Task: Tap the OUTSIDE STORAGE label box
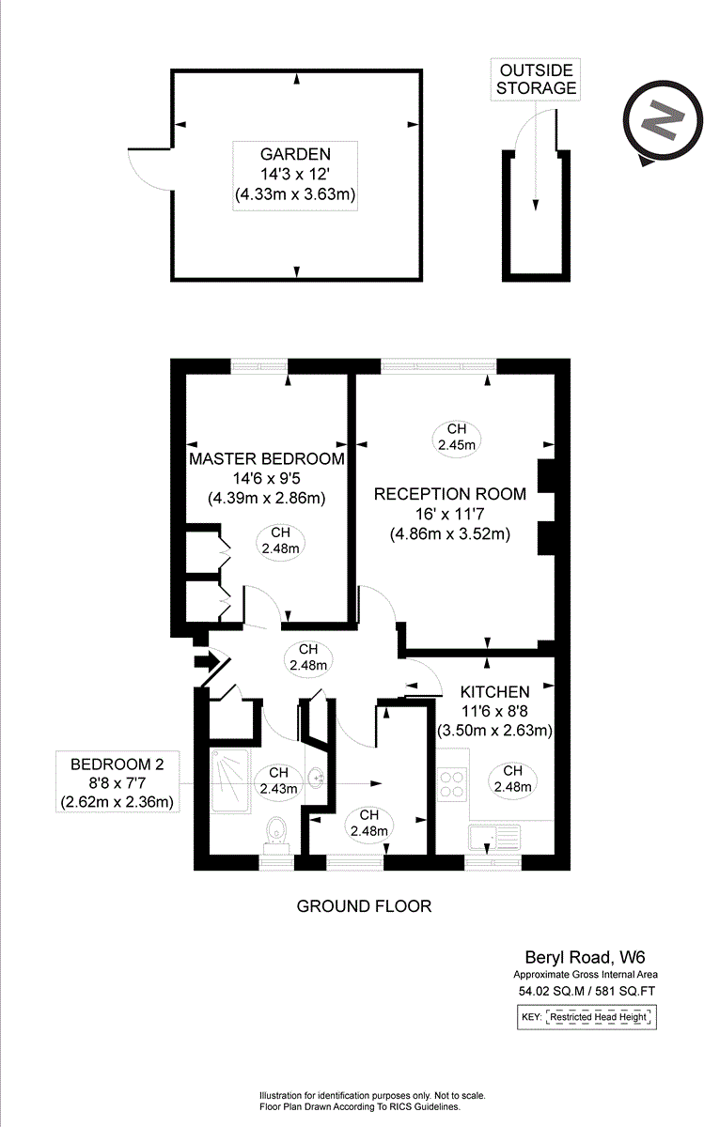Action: [x=536, y=79]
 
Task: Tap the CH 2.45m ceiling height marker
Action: [x=456, y=437]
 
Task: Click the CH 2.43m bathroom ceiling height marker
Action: [x=278, y=780]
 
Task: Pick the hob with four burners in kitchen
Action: [x=452, y=783]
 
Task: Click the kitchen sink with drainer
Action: [x=494, y=836]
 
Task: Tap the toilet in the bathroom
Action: [x=276, y=831]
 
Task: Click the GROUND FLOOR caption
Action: [x=364, y=906]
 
